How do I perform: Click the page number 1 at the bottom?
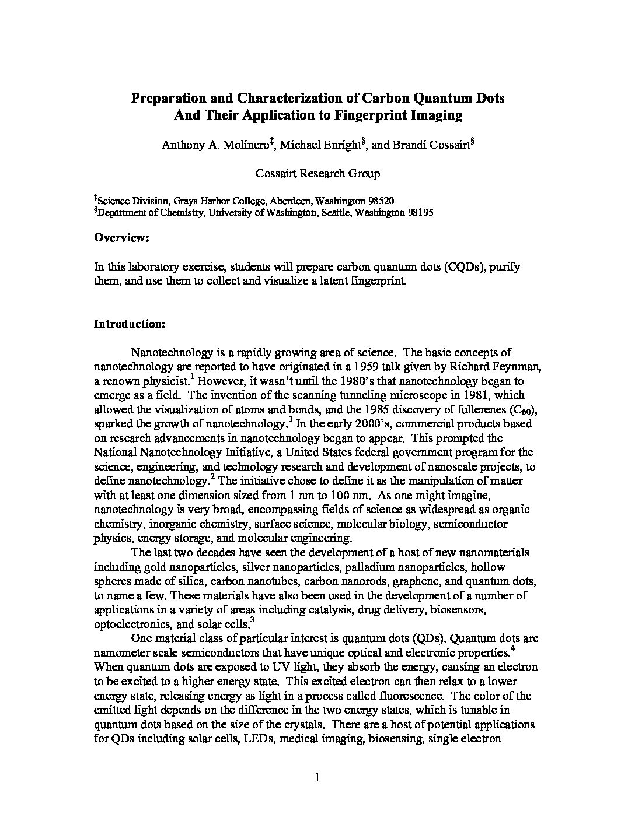317,777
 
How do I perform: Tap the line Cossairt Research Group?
317,173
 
